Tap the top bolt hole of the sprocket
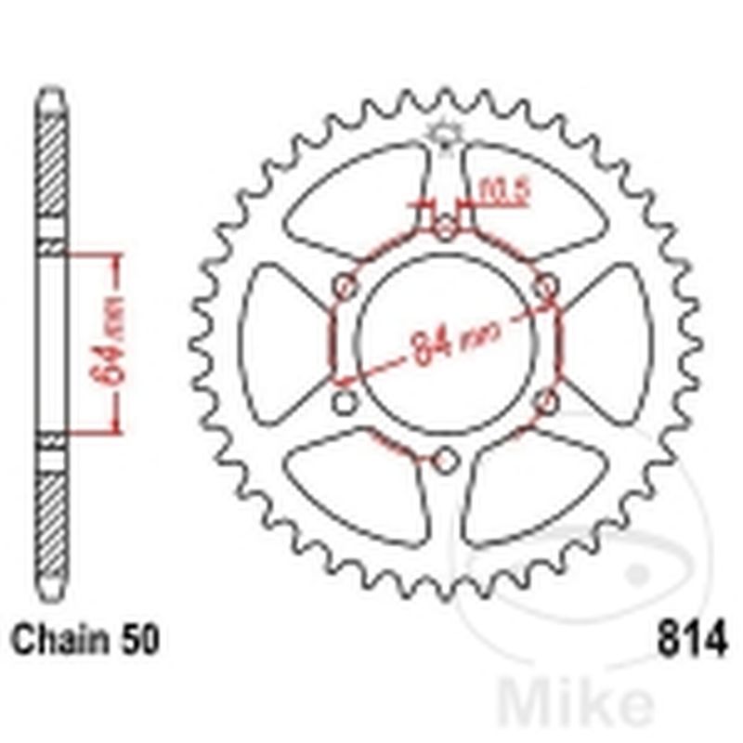446,226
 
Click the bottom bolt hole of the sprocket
446,460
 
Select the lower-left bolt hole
345,401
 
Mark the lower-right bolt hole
548,401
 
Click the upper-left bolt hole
345,284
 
